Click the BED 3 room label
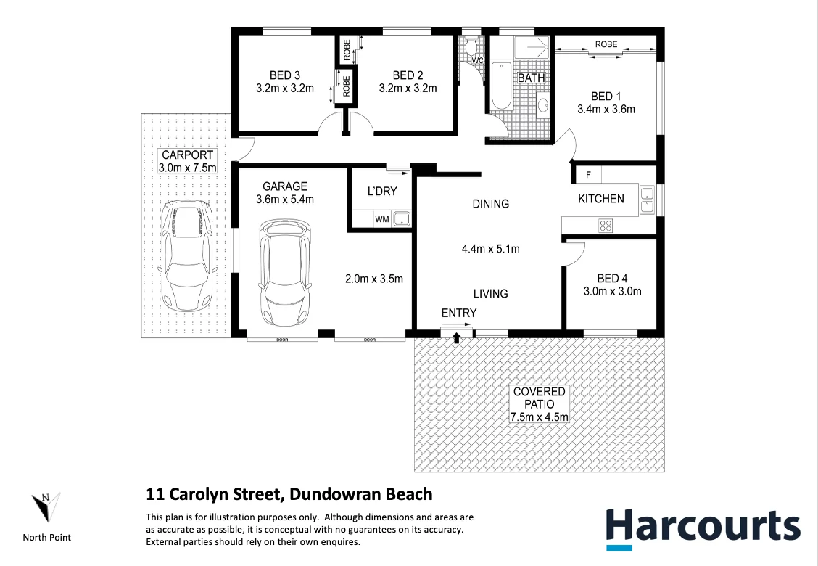click(x=284, y=75)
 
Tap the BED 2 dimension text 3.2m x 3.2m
click(x=408, y=89)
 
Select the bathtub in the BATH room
click(x=501, y=86)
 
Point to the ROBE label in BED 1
click(x=606, y=44)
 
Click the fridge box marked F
click(x=587, y=175)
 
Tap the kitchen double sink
click(x=647, y=200)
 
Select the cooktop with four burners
click(x=605, y=226)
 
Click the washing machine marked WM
click(x=381, y=219)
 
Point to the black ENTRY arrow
click(x=457, y=337)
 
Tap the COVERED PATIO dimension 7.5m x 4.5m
click(x=540, y=416)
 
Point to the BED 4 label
click(x=613, y=279)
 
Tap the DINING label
click(x=491, y=204)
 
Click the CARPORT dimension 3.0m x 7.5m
click(x=187, y=168)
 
